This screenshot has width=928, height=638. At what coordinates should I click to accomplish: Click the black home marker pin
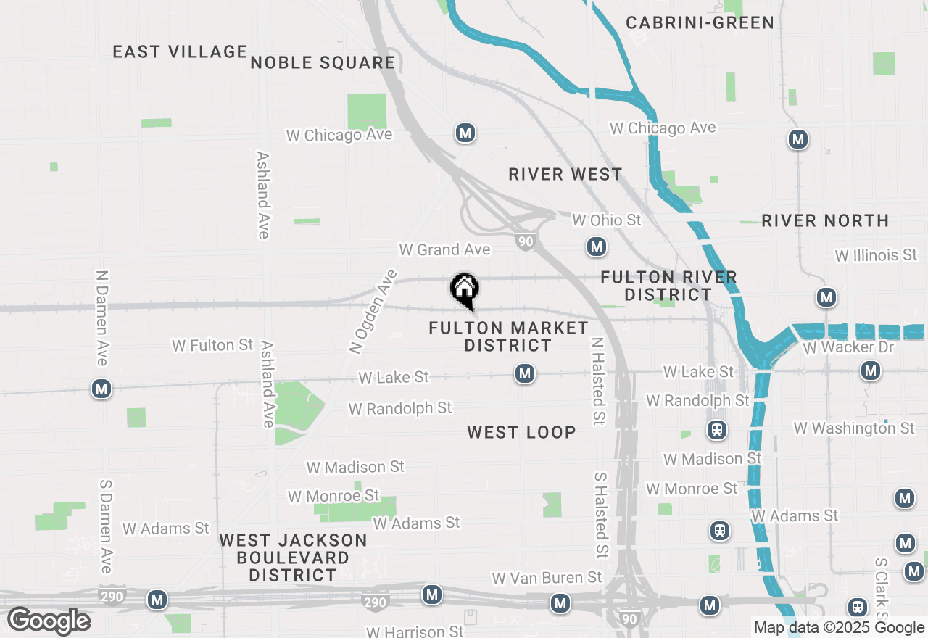[x=464, y=291]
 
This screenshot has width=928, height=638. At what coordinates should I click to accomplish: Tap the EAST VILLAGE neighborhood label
[x=181, y=51]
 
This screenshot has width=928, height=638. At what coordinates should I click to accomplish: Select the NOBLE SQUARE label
[x=323, y=63]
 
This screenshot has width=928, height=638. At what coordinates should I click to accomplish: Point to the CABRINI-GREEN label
[x=700, y=23]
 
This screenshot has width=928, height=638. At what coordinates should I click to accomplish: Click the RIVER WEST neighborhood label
[x=565, y=175]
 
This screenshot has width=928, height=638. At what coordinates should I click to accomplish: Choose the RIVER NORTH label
[x=825, y=221]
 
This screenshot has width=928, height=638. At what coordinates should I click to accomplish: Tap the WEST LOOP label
[x=521, y=433]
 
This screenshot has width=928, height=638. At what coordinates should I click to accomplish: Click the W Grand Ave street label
[x=444, y=250]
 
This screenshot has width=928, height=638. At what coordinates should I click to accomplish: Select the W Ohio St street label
[x=607, y=220]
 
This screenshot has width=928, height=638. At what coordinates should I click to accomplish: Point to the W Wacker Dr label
[x=849, y=347]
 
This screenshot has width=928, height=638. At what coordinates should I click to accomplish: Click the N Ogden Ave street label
[x=373, y=312]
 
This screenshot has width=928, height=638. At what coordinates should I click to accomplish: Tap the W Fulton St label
[x=212, y=345]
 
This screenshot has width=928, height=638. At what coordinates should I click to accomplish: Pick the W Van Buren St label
[x=547, y=578]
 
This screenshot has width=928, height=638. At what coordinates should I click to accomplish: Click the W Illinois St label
[x=876, y=255]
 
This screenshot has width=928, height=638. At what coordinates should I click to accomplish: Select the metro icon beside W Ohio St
[x=597, y=247]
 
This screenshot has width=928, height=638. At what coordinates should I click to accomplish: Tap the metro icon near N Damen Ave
[x=101, y=389]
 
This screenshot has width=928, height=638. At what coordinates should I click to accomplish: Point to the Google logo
[x=49, y=621]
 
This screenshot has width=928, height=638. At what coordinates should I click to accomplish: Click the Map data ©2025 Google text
[x=839, y=628]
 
